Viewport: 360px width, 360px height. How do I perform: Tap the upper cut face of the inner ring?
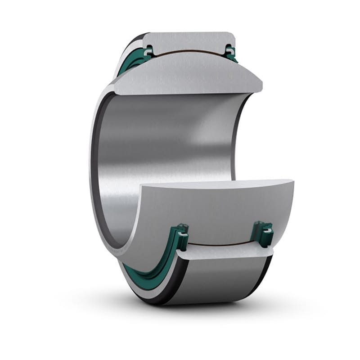click(189, 76)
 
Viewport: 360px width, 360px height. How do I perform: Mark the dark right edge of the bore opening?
click(236, 135)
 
